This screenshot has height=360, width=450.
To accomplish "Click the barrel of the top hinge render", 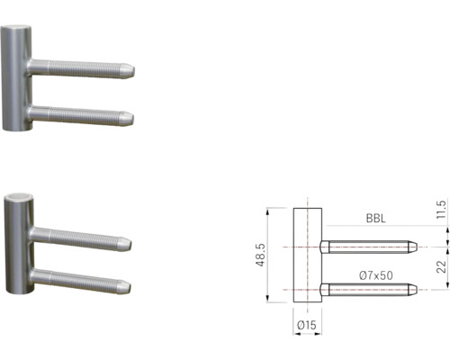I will [x=15, y=81].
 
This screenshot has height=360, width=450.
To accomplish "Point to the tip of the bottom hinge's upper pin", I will [x=128, y=243].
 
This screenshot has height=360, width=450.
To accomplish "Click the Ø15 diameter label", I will [x=308, y=325].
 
